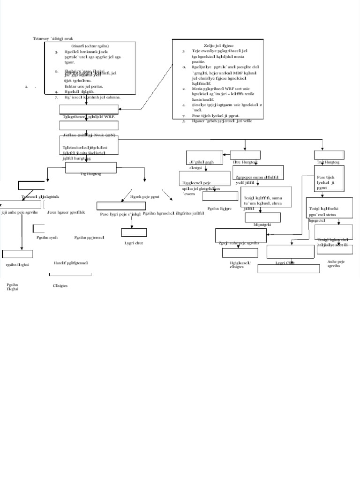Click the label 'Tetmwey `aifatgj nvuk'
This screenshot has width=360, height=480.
[52, 38]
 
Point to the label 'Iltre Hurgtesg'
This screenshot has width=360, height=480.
[245, 162]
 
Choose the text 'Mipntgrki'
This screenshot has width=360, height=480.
[262, 225]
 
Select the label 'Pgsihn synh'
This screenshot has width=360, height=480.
[47, 238]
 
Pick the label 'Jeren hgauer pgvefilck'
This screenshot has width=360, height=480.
[66, 212]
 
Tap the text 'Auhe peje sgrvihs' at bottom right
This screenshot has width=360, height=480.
[337, 263]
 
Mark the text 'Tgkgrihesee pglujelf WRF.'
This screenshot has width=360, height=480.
[89, 116]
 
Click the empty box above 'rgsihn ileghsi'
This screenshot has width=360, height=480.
[17, 254]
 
